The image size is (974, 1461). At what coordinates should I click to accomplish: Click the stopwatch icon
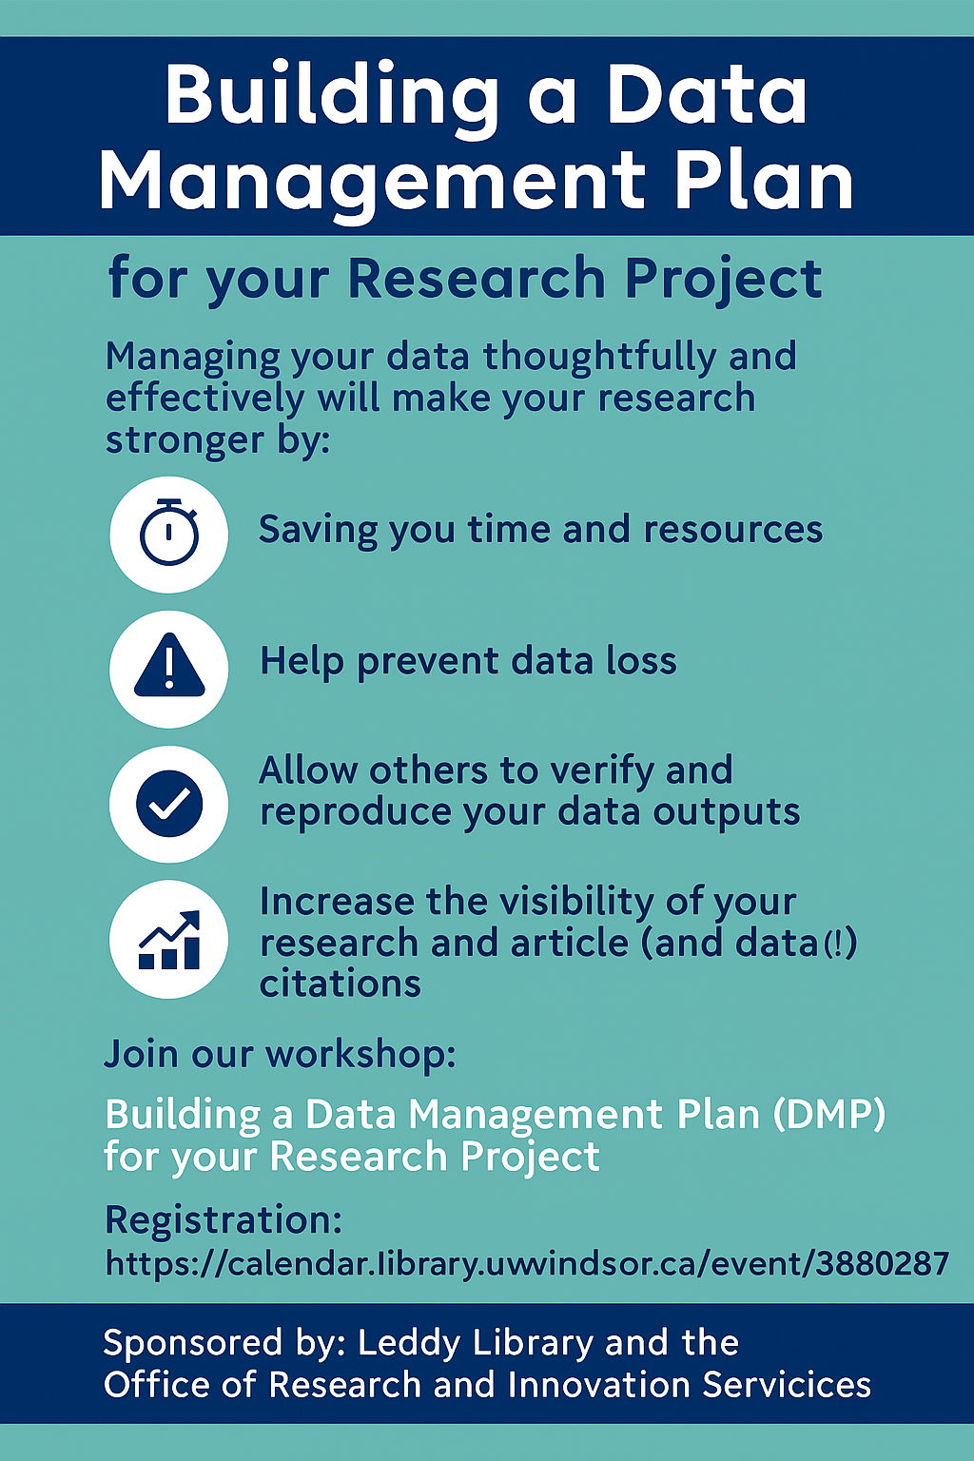[x=169, y=533]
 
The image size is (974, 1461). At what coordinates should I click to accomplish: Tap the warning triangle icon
[x=169, y=665]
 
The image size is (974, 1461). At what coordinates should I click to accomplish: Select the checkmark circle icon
[x=169, y=804]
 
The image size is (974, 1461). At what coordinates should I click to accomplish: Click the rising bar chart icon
[x=169, y=940]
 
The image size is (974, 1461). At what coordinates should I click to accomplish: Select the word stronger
[x=185, y=442]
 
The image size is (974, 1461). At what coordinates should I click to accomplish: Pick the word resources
[x=732, y=529]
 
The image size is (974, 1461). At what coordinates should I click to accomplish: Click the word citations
[x=340, y=984]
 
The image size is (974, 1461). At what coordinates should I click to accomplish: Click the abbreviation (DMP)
[x=828, y=1114]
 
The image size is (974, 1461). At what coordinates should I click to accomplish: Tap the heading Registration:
[x=224, y=1221]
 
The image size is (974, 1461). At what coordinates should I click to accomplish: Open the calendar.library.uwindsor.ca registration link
[x=527, y=1264]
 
